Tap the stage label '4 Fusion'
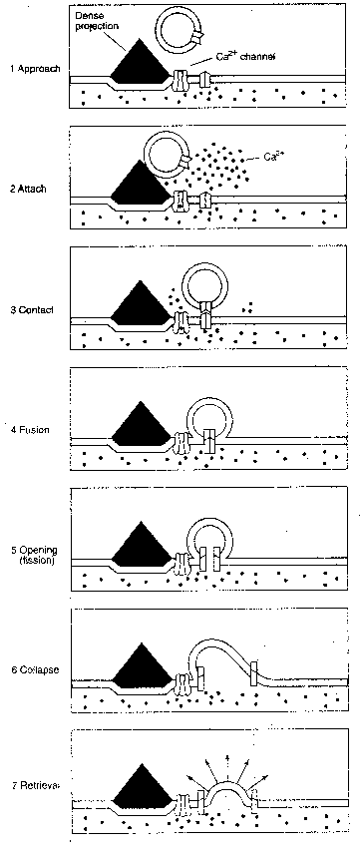29,430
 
